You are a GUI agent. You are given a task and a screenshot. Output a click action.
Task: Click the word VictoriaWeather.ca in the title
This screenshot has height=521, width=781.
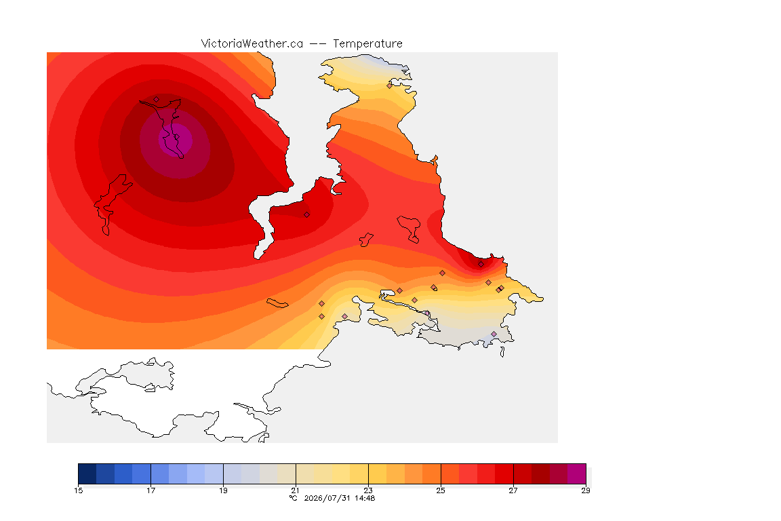pos(252,44)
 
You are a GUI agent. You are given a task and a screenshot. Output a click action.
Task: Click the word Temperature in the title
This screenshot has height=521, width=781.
pos(367,44)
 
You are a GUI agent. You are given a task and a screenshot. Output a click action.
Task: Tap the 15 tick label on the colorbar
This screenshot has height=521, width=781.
pos(78,490)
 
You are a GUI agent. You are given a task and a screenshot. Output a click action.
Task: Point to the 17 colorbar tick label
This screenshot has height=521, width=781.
pos(151,490)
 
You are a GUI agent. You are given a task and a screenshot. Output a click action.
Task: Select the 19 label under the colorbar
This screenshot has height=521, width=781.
pos(223,490)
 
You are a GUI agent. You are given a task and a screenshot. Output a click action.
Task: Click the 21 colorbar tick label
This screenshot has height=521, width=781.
pos(296,490)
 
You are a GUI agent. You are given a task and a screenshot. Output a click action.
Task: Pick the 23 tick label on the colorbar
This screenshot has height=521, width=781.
pos(368,490)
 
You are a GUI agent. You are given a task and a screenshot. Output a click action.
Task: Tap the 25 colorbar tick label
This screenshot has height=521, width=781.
pos(441,490)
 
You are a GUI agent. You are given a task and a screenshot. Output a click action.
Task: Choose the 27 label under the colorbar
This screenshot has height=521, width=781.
pos(513,490)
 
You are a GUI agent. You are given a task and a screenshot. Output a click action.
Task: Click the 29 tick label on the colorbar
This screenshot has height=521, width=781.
pos(586,490)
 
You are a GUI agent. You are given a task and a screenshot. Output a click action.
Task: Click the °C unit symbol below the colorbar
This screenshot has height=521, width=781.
pos(294,498)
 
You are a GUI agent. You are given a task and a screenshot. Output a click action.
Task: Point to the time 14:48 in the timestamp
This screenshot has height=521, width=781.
pos(365,498)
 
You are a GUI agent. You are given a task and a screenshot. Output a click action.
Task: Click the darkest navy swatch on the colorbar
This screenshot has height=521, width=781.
pos(87,474)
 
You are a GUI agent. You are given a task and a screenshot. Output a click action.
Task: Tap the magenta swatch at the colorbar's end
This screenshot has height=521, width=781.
pos(577,474)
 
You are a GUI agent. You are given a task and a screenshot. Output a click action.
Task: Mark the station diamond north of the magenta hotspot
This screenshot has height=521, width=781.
pos(157,100)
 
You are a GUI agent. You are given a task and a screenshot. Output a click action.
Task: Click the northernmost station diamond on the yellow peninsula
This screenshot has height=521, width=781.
pos(390,85)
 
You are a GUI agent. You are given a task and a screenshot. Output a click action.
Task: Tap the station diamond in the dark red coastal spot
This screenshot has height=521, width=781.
pos(481,265)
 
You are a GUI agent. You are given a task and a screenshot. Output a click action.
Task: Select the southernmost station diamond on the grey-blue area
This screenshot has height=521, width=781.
pos(494,334)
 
